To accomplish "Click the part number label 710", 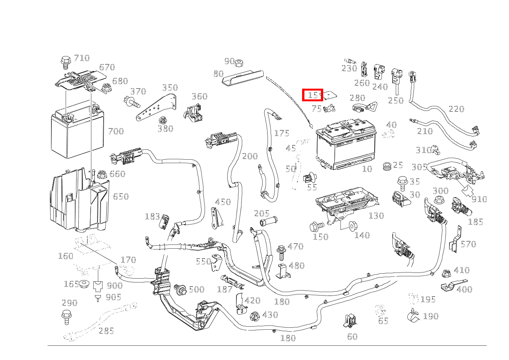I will click(x=81, y=58).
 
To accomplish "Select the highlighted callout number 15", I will click(x=312, y=95).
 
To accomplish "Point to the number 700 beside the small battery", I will click(x=116, y=131).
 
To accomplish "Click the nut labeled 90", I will click(x=240, y=62).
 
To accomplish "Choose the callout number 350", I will click(x=170, y=88).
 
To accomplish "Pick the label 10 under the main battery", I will click(x=367, y=169).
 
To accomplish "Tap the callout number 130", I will click(x=376, y=216).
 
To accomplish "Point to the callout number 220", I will click(x=456, y=109).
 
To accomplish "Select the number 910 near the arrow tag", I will click(x=479, y=199).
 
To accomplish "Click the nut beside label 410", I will click(x=446, y=274).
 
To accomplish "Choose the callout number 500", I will click(x=196, y=289).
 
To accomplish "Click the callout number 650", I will click(x=121, y=197).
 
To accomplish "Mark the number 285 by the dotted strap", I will click(x=106, y=330).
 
